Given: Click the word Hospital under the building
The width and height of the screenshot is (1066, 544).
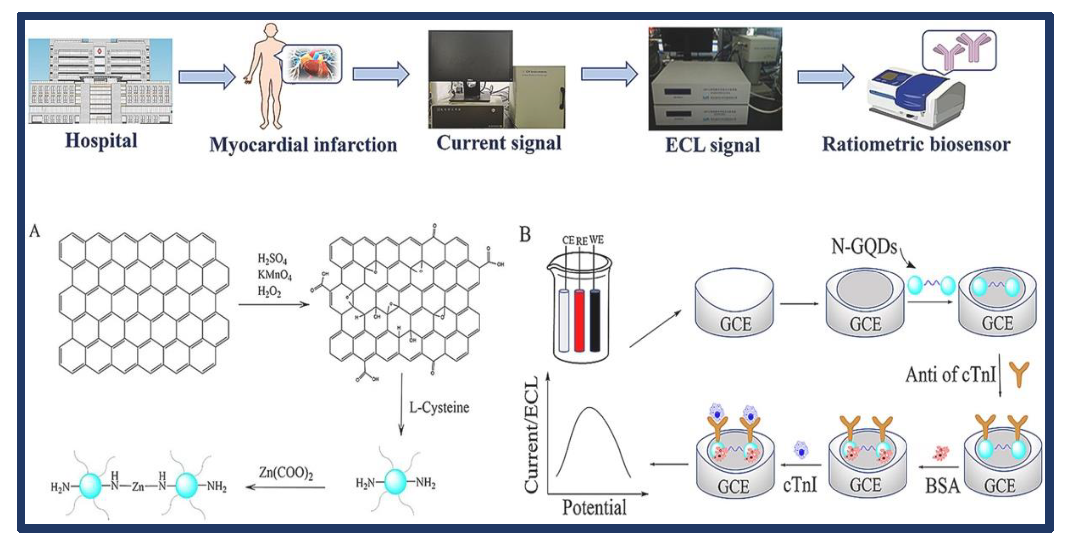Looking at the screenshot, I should (x=101, y=141).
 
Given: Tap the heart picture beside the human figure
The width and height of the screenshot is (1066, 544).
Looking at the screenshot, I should (x=312, y=64).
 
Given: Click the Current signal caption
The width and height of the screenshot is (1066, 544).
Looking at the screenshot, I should (x=499, y=143).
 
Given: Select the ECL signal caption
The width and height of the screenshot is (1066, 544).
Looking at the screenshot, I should (x=712, y=145).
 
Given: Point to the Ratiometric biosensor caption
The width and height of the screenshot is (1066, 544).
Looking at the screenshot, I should (x=916, y=144).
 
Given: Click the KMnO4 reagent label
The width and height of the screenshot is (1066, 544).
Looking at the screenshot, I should (x=274, y=275).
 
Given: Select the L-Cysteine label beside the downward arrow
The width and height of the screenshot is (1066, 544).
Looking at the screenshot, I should (x=439, y=408).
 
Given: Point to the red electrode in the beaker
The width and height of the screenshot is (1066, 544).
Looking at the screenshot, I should (x=579, y=321).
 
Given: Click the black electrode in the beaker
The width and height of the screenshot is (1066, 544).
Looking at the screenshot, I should (x=595, y=321).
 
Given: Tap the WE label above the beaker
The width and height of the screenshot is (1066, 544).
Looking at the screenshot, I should (x=596, y=240).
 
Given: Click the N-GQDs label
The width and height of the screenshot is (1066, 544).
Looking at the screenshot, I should (x=864, y=247).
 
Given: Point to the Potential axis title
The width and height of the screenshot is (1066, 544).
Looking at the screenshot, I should (x=594, y=507).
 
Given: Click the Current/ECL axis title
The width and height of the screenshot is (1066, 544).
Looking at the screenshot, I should (x=531, y=435).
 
